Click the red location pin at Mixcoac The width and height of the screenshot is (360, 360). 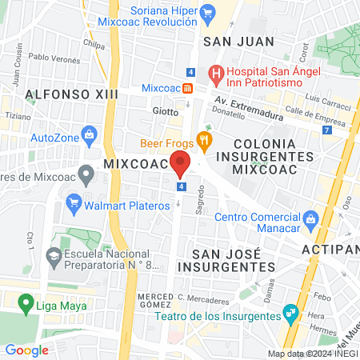pos(181,163)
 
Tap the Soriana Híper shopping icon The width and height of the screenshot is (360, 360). pos(208,12)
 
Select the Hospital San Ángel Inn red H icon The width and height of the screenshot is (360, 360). pos(215,74)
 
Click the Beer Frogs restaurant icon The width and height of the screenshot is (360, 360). pos(205,142)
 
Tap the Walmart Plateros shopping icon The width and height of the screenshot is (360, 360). pos(76,201)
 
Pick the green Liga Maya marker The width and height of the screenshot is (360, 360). pos(22,303)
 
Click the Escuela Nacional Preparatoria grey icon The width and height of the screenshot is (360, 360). pos(54,258)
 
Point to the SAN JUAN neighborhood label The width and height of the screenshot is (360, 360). pos(239,42)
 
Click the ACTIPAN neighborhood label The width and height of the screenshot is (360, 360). pos(330,249)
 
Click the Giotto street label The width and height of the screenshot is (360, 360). pos(166,111)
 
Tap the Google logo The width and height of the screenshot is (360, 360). pos(26,350)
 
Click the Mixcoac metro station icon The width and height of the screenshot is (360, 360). pos(189,87)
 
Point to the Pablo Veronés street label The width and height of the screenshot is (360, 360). pos(54,58)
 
